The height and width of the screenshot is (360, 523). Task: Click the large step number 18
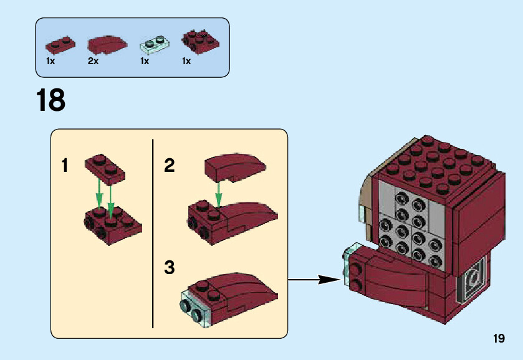click(x=50, y=100)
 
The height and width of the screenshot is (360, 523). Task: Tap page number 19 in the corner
click(x=499, y=338)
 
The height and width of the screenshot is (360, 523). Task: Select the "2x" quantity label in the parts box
click(x=93, y=61)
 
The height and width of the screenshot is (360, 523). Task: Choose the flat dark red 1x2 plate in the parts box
click(x=60, y=45)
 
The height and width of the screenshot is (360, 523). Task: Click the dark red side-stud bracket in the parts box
click(x=200, y=42)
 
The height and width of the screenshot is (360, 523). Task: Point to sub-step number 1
click(x=65, y=166)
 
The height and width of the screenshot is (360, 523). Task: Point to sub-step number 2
click(x=169, y=165)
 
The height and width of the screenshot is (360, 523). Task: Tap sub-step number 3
click(x=169, y=267)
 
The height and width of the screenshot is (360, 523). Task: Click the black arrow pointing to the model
click(x=314, y=280)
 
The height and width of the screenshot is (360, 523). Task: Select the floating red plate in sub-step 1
click(x=105, y=169)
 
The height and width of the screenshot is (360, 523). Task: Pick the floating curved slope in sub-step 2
click(x=235, y=168)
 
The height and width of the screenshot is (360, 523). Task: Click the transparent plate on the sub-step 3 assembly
click(x=194, y=308)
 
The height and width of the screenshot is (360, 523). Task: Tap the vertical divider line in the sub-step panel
click(x=153, y=234)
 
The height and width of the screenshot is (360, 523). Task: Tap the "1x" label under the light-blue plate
click(x=145, y=61)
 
